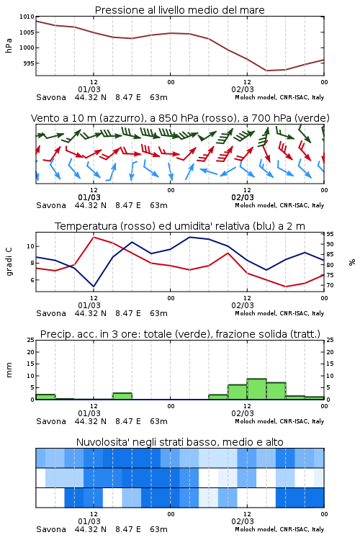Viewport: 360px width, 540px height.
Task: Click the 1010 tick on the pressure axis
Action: [x=27, y=17]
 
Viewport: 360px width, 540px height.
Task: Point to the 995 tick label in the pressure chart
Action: [x=29, y=63]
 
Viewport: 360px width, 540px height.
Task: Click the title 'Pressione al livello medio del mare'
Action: [x=180, y=10]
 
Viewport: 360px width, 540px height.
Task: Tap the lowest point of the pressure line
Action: [x=266, y=71]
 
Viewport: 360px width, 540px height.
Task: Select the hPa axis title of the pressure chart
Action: [x=9, y=45]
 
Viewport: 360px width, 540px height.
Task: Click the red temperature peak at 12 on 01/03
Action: [x=94, y=237]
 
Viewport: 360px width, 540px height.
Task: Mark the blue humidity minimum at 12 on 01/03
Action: [x=94, y=287]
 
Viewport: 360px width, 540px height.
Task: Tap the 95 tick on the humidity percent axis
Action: [x=330, y=234]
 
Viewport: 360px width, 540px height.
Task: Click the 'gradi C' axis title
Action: [x=9, y=262]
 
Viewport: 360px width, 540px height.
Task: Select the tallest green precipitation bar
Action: [x=256, y=389]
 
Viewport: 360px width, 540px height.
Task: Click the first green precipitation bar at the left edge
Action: [x=45, y=397]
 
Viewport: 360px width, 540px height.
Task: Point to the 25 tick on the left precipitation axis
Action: [x=31, y=340]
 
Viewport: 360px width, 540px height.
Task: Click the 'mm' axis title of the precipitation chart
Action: [x=9, y=370]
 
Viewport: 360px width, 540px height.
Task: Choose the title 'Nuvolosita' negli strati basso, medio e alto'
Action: [x=180, y=442]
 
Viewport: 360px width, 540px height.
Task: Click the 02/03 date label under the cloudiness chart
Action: [x=243, y=521]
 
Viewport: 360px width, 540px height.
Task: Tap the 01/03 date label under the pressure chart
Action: [x=89, y=89]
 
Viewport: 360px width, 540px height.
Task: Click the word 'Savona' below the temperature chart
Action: [x=51, y=313]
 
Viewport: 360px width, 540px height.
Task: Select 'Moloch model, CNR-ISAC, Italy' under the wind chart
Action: [x=279, y=206]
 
